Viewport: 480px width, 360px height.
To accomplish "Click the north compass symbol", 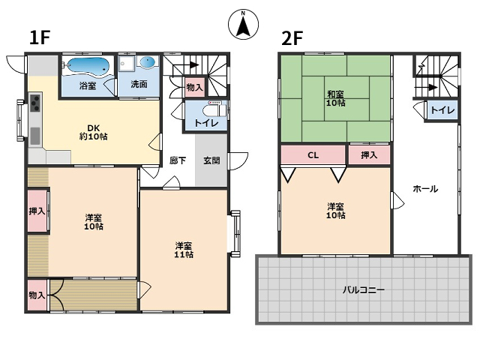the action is (x=243, y=24).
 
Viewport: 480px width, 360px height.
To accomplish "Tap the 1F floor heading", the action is (x=40, y=37).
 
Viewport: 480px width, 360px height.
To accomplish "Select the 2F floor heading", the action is (x=292, y=38).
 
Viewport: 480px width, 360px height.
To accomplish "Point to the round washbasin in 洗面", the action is (x=148, y=61).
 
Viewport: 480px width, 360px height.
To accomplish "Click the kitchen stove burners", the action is (x=34, y=103).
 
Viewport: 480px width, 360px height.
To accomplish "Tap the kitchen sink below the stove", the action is (x=35, y=136).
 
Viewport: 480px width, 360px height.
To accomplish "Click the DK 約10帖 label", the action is (x=93, y=132).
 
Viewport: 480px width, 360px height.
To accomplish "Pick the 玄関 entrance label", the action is (x=211, y=160).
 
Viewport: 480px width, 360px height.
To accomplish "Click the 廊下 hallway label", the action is (x=178, y=160).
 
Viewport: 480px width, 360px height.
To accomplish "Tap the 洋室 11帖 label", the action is (x=184, y=250).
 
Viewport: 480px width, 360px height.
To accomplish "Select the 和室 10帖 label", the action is (x=335, y=98).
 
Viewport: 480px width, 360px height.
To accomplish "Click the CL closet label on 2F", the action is (x=313, y=155).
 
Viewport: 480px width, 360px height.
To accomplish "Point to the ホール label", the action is (x=425, y=189).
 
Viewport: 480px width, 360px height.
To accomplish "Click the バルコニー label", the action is (x=363, y=289).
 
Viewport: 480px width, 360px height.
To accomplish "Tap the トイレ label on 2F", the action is (x=442, y=110).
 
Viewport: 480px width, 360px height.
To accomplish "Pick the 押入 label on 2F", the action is (x=369, y=155).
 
